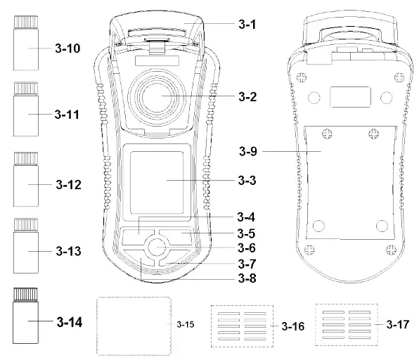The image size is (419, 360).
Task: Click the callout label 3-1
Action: pos(247,25)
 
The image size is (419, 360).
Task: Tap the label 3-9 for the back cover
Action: pos(248,151)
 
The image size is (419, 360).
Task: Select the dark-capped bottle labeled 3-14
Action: pos(25,316)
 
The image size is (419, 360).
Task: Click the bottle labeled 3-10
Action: pos(26,43)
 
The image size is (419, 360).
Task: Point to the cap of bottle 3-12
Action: pos(26,158)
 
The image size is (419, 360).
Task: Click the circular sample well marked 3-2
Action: pos(157,97)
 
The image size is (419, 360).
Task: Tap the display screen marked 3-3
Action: pos(157,183)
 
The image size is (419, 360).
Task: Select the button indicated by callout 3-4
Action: pos(137,236)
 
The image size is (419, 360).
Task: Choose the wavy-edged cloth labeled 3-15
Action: pos(134,326)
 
